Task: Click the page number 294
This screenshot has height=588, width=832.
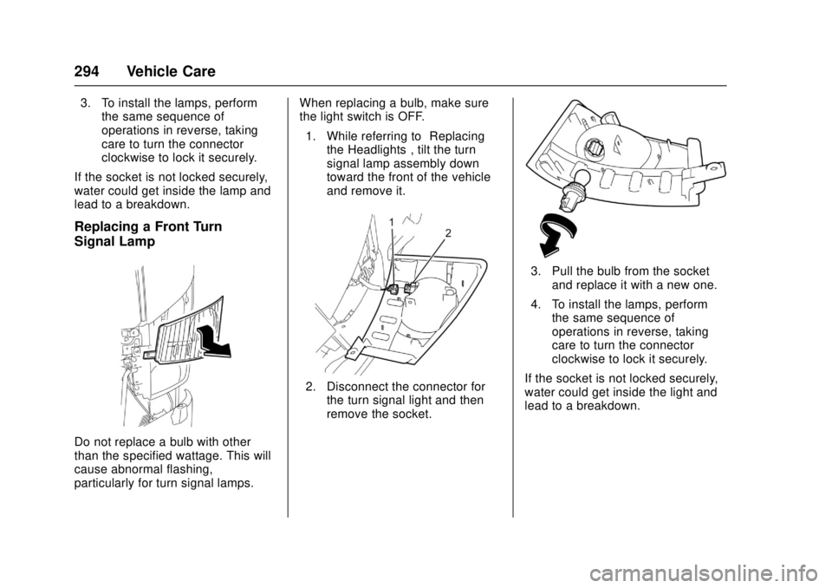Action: (x=87, y=71)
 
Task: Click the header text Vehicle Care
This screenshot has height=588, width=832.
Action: (x=171, y=71)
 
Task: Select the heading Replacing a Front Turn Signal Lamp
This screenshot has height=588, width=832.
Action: (x=148, y=233)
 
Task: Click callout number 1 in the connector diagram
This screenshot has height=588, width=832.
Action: (x=391, y=221)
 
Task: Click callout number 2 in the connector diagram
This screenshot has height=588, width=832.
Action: (x=448, y=232)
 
